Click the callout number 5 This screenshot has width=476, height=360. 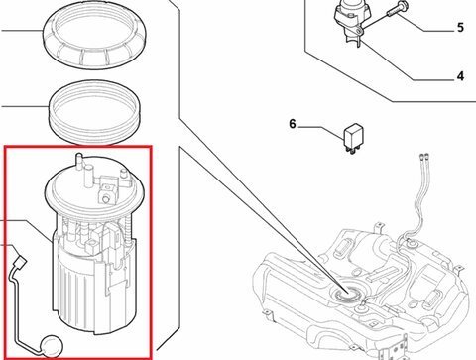tap(460, 27)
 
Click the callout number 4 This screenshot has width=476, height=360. tap(460, 76)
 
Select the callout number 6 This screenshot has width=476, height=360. tap(293, 124)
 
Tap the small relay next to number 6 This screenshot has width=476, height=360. tap(353, 136)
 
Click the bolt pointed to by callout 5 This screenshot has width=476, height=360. tap(398, 10)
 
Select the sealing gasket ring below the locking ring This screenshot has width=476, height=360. tap(94, 112)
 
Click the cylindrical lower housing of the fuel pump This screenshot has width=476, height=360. tap(94, 288)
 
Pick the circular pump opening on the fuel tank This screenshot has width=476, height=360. tap(346, 293)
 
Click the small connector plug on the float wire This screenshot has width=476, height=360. tap(20, 262)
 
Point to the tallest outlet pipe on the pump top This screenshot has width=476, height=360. tap(79, 162)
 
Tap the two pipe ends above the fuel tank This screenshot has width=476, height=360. tap(423, 156)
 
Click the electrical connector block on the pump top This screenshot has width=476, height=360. tap(108, 188)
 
